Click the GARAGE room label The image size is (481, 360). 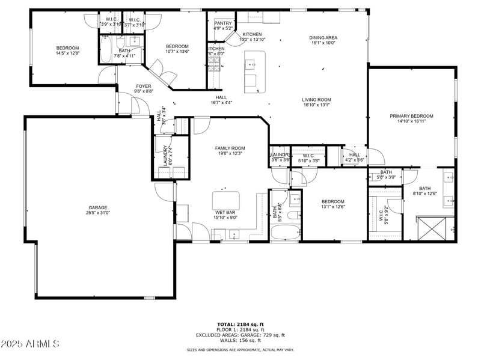click(x=98, y=207)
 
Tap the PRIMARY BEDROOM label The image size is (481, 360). click(x=411, y=116)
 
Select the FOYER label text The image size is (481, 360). click(x=143, y=86)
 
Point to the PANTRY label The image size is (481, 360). click(x=223, y=23)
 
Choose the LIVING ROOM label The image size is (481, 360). click(x=316, y=100)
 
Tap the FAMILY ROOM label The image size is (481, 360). click(x=230, y=148)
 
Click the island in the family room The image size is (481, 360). click(x=225, y=200)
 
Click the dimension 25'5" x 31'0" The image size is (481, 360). click(x=98, y=213)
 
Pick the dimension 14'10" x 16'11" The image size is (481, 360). click(x=411, y=122)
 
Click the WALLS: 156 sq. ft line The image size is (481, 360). click(x=240, y=340)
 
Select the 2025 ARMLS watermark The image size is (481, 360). click(x=30, y=344)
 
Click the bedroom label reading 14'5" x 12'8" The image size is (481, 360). click(x=67, y=53)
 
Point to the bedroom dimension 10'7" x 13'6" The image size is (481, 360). click(x=177, y=52)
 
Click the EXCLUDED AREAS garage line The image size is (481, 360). click(x=240, y=335)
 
